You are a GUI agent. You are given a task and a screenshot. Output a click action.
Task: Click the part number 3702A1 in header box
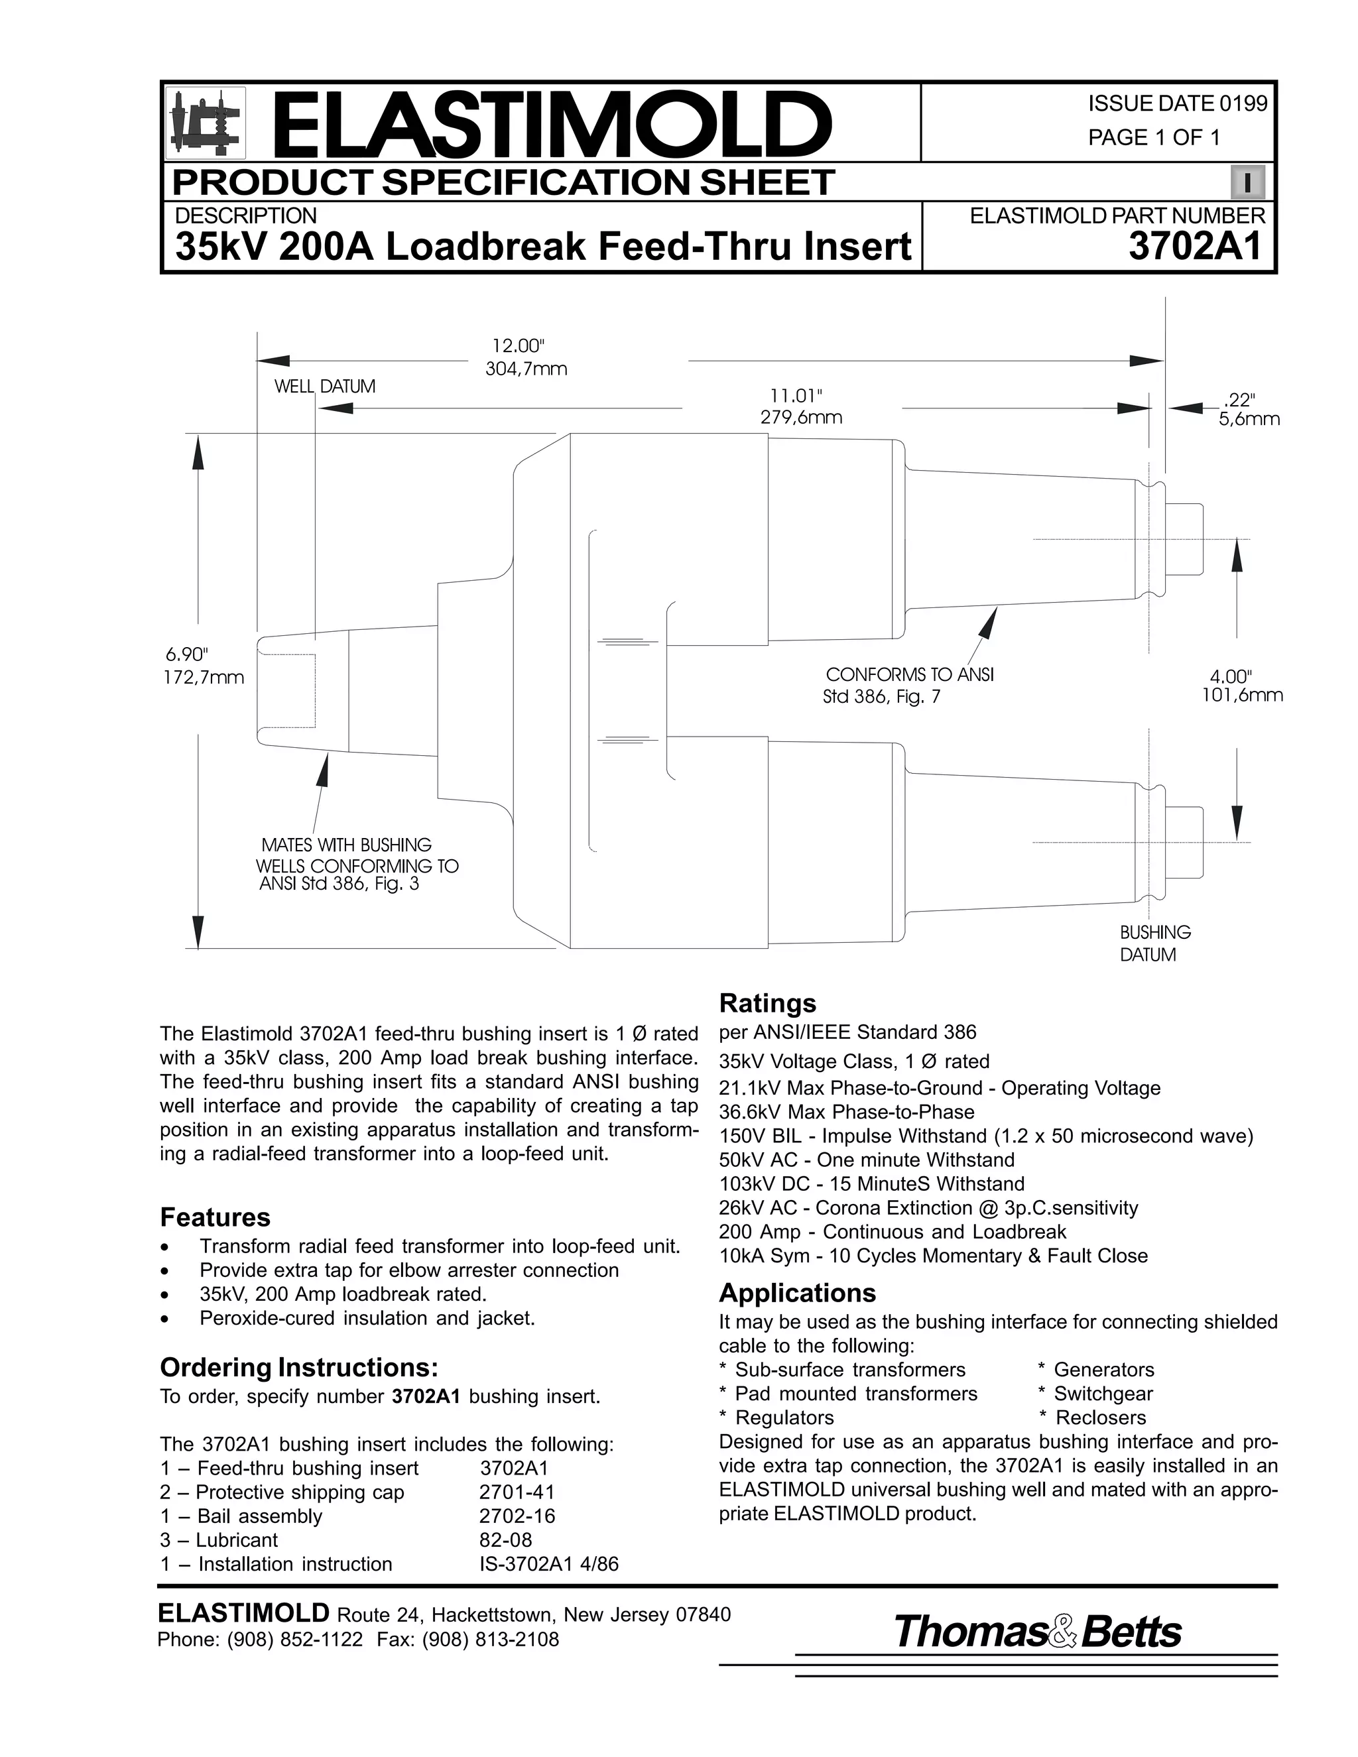tap(1196, 246)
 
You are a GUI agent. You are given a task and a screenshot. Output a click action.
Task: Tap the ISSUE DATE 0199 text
tap(1177, 104)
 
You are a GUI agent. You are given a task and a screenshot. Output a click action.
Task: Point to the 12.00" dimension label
tap(519, 346)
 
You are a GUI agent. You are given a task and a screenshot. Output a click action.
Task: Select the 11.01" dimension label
tap(796, 396)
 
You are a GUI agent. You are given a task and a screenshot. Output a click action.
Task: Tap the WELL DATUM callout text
tap(325, 386)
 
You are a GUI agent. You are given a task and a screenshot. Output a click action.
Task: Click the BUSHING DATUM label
tap(1155, 943)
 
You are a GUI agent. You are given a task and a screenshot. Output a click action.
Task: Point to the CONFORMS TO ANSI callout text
tap(909, 675)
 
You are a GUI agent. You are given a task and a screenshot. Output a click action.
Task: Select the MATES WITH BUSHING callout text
tap(347, 845)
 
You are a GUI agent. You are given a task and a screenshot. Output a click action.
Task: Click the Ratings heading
tap(767, 1003)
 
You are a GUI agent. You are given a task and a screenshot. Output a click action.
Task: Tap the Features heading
tap(215, 1217)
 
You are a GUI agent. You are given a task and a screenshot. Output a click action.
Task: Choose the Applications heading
tap(796, 1293)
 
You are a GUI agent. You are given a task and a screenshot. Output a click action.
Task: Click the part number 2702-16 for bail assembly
tap(517, 1516)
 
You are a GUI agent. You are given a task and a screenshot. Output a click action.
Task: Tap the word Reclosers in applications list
tap(1100, 1418)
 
